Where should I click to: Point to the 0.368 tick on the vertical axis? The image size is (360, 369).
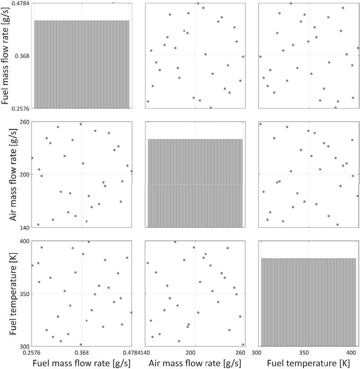[x=22, y=56]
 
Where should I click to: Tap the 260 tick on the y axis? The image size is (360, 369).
[x=26, y=122]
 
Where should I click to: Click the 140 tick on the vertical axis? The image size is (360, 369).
[x=26, y=228]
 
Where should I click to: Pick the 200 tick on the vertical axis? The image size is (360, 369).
[x=26, y=175]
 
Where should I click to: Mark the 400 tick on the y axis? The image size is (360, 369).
[x=26, y=241]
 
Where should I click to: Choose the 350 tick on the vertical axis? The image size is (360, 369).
[x=26, y=294]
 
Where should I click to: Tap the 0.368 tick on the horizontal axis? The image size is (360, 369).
[x=82, y=352]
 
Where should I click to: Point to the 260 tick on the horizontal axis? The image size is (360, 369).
[x=240, y=352]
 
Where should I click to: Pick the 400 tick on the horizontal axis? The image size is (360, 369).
[x=351, y=352]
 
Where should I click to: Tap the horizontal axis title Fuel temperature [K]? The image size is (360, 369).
[x=309, y=363]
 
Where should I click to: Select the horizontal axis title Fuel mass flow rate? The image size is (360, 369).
[x=82, y=363]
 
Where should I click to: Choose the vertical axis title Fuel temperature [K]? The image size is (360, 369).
[x=13, y=294]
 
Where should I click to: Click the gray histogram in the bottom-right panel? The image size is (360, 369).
[x=309, y=302]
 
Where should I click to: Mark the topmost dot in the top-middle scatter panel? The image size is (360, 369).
[x=198, y=4]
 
